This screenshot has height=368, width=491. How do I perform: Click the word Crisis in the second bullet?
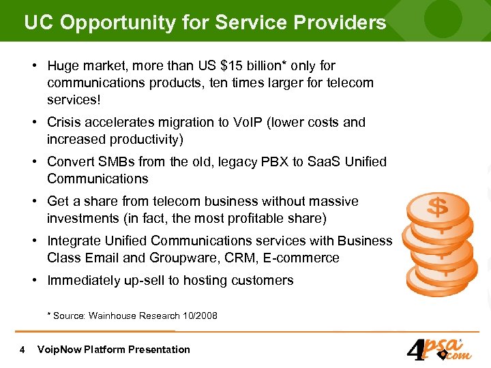click(63, 123)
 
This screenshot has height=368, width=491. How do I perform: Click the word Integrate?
click(73, 241)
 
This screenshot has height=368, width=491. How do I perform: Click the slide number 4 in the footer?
click(23, 350)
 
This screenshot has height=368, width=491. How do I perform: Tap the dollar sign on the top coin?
click(437, 206)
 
